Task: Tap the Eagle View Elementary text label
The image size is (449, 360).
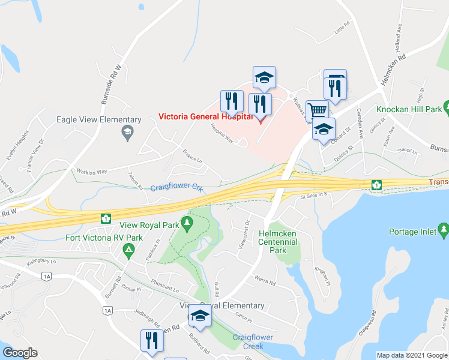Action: (x=98, y=119)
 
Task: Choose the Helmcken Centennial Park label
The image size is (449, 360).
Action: (x=278, y=242)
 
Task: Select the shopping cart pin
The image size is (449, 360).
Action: (x=317, y=110)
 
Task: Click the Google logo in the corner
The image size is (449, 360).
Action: (x=20, y=353)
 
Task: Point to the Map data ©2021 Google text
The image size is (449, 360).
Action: (x=411, y=355)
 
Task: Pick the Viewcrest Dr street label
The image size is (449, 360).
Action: (x=244, y=232)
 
